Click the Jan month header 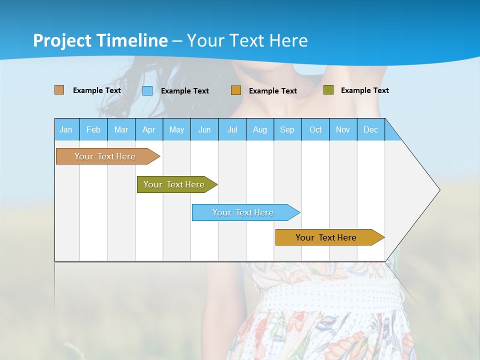coord(66,129)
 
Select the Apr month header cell coord(149,129)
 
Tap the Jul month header coord(232,129)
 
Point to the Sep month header coord(287,129)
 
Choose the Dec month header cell coord(370,129)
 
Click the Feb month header coord(93,129)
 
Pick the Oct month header coord(315,129)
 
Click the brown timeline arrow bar coord(105,156)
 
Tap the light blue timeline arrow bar coord(243,212)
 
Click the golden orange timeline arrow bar coord(326,237)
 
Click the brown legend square coord(59,90)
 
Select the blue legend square coord(147,90)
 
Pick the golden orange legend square coord(236,90)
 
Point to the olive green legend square coord(328,90)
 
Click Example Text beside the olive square coord(364,90)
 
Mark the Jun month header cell coord(204,129)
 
